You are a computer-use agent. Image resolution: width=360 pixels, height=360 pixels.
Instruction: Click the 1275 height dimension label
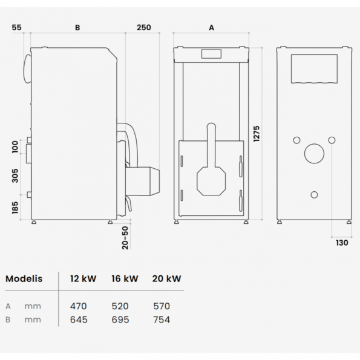pos(257,134)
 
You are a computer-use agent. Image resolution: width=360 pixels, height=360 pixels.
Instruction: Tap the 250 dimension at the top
pos(144,28)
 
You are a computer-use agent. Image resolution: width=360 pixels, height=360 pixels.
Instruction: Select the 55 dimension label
pos(16,28)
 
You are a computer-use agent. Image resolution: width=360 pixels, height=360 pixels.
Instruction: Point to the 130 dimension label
pos(342,243)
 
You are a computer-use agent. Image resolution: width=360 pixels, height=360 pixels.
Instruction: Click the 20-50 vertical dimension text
pos(125,238)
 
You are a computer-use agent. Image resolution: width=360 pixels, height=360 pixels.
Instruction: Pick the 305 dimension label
pos(15,175)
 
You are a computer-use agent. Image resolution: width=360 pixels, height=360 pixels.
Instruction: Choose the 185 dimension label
pos(15,208)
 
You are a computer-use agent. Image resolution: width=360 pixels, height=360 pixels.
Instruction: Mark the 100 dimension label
pos(15,147)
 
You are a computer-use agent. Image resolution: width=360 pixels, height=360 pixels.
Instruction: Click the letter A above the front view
pos(211,28)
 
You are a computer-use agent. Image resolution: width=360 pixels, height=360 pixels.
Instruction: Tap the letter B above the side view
pos(77,28)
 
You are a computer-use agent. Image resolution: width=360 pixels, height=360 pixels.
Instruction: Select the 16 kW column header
pos(125,279)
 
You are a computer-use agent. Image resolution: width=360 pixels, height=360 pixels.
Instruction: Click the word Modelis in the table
pos(24,279)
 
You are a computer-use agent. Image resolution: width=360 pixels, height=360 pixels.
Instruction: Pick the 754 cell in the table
pos(162,320)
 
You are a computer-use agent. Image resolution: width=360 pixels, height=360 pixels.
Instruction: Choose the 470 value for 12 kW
pos(78,306)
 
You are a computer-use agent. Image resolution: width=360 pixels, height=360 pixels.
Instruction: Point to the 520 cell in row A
pos(120,306)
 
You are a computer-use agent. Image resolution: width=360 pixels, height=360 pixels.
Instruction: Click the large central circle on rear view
pos(314,144)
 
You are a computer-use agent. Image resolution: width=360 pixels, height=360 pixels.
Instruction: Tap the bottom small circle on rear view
pos(314,191)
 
